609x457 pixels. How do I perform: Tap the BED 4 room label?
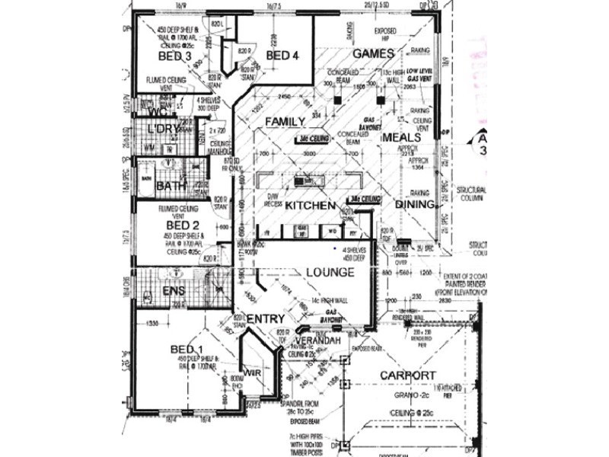point(282,56)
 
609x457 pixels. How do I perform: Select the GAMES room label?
point(373,54)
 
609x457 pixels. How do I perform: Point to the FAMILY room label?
point(285,122)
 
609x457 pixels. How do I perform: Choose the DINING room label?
point(415,205)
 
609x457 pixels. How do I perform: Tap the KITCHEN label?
point(310,206)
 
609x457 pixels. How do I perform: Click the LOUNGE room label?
point(330,272)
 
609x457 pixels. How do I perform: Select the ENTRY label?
point(266,318)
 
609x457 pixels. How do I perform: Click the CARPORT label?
point(407,376)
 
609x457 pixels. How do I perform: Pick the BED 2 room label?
point(183,225)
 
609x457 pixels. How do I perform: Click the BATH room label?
point(171,186)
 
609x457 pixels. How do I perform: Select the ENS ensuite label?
point(174,292)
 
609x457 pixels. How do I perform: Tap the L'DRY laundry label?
point(163,129)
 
